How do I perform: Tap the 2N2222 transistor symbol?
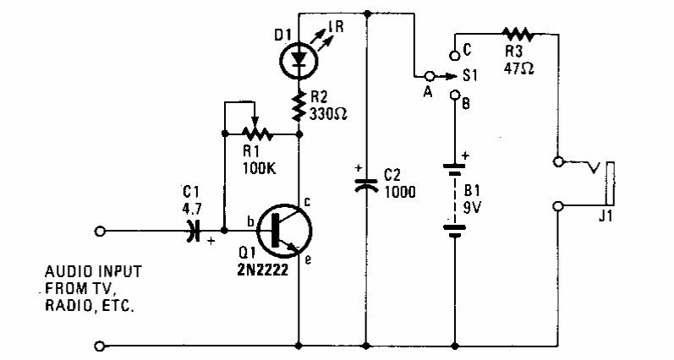click(284, 231)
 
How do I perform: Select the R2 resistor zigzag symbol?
click(299, 106)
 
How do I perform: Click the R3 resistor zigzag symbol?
click(518, 34)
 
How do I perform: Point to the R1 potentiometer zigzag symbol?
click(255, 134)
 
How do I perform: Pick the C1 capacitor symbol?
click(194, 231)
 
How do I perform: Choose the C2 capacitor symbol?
click(366, 184)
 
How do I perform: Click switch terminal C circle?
click(454, 55)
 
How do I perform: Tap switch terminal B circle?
click(455, 95)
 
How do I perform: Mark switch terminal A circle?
click(429, 76)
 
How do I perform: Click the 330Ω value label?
click(328, 114)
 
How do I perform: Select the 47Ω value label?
click(518, 68)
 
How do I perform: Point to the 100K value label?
click(259, 168)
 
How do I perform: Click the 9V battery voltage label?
click(472, 208)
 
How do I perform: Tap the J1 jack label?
click(606, 217)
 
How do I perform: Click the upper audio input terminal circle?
click(99, 231)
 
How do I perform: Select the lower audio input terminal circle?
click(99, 346)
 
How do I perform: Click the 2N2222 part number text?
click(263, 270)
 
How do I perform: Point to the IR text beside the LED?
click(336, 27)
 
